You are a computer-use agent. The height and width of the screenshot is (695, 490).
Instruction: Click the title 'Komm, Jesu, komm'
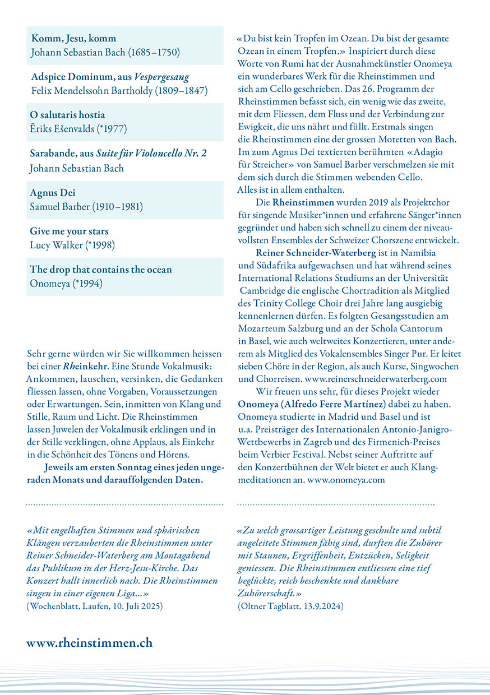(73, 39)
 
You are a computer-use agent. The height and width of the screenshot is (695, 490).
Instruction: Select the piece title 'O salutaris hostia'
(67, 115)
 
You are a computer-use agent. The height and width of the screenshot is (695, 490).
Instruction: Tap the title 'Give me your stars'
(69, 231)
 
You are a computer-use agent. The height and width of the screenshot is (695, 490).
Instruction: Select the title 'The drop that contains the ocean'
(101, 270)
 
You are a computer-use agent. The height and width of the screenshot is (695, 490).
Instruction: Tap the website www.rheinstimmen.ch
(89, 642)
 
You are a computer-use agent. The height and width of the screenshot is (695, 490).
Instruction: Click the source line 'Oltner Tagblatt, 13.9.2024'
(290, 606)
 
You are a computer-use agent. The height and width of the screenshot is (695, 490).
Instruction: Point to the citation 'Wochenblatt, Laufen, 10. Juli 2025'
(95, 606)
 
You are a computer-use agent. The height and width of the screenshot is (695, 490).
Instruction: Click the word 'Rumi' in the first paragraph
(288, 63)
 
